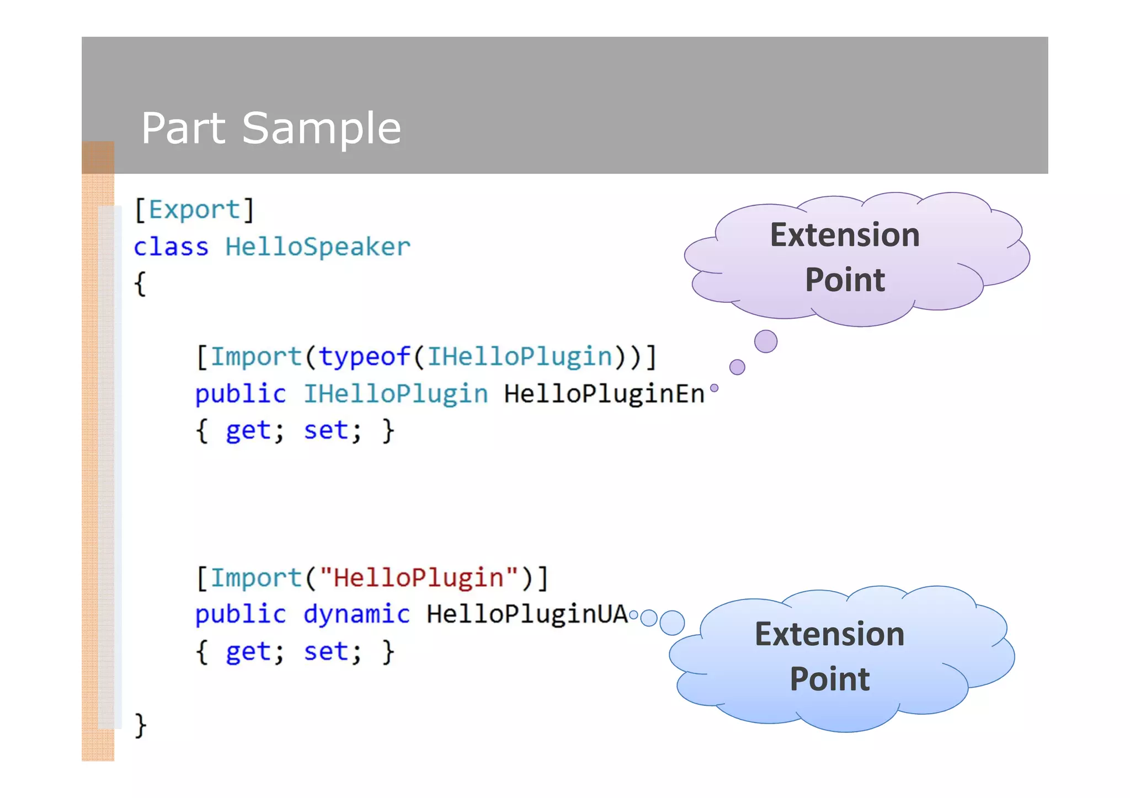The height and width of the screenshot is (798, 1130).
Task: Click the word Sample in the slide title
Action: pyautogui.click(x=321, y=128)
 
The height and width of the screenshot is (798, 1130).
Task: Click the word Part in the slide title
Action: pyautogui.click(x=183, y=128)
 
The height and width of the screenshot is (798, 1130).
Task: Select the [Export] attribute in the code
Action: pyautogui.click(x=194, y=210)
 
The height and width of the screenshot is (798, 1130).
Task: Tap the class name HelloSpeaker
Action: pyautogui.click(x=318, y=247)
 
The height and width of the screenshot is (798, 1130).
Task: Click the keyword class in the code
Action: pyautogui.click(x=171, y=247)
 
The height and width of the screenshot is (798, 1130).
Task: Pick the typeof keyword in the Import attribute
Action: pyautogui.click(x=365, y=357)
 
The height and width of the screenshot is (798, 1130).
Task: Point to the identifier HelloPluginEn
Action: pyautogui.click(x=604, y=394)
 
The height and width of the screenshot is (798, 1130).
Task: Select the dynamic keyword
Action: pyautogui.click(x=356, y=614)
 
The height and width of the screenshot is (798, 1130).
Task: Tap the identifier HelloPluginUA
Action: pyautogui.click(x=527, y=614)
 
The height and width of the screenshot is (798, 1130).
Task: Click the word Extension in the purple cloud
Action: pyautogui.click(x=845, y=235)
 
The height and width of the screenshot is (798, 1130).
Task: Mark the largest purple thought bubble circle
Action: pyautogui.click(x=766, y=341)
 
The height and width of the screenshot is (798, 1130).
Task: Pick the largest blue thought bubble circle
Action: pyautogui.click(x=672, y=623)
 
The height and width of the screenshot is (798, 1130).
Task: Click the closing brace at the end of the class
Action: pyautogui.click(x=141, y=725)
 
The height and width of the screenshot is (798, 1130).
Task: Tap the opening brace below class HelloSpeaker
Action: pyautogui.click(x=141, y=283)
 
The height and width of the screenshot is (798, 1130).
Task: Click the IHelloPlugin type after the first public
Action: pyautogui.click(x=396, y=394)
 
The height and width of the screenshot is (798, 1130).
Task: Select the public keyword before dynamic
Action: pyautogui.click(x=241, y=614)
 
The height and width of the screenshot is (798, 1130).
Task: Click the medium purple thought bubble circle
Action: pyautogui.click(x=737, y=367)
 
